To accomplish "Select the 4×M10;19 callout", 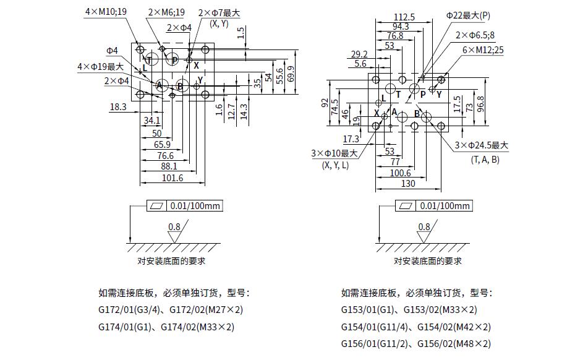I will click(106, 11).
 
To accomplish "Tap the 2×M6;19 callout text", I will click(166, 12).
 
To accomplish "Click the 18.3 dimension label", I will click(118, 107).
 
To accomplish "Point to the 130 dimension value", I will click(408, 184).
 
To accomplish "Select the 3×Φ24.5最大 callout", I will click(481, 145).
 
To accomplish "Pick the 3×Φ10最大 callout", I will click(335, 153).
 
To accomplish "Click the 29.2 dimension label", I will click(359, 54).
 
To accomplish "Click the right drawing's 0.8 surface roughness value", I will click(424, 227).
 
